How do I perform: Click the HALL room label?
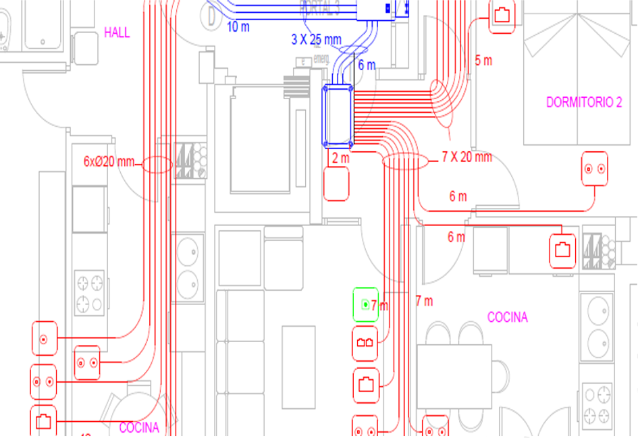point(117,32)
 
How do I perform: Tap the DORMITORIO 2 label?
point(583,103)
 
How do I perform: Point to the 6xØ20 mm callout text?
point(109,162)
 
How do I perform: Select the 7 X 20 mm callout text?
point(467,157)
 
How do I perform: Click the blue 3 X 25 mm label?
point(317,40)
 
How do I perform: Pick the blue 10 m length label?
point(238,27)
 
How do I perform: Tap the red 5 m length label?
point(483,61)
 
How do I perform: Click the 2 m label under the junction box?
point(340,158)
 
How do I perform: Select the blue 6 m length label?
point(367,65)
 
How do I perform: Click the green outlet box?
point(365,304)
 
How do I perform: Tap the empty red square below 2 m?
point(336,184)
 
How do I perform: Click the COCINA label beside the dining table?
point(507,317)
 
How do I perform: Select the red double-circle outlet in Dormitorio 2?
point(595,169)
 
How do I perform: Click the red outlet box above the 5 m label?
point(502,16)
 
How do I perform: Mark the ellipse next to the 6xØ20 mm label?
point(157,165)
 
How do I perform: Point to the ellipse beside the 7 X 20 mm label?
point(405,161)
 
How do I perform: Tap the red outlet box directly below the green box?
point(365,342)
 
